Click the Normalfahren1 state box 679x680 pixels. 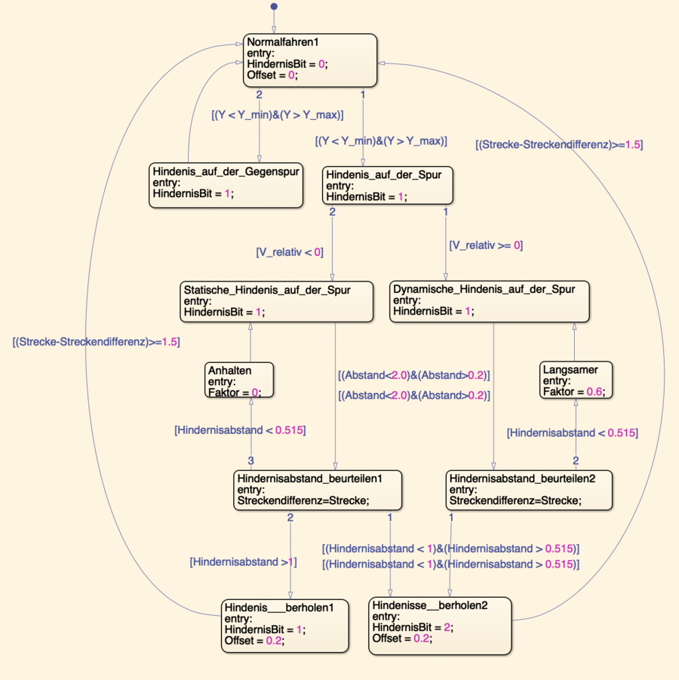pyautogui.click(x=309, y=60)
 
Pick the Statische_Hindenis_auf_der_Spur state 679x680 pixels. pyautogui.click(x=277, y=301)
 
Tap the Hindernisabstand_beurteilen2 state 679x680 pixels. pyautogui.click(x=527, y=490)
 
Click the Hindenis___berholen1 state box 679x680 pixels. pyautogui.click(x=286, y=625)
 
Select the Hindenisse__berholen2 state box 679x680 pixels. pyautogui.click(x=440, y=625)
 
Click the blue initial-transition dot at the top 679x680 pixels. pyautogui.click(x=274, y=7)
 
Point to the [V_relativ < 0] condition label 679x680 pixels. pyautogui.click(x=290, y=252)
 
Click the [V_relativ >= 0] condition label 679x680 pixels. pyautogui.click(x=486, y=245)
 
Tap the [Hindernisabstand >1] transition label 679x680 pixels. pyautogui.click(x=243, y=562)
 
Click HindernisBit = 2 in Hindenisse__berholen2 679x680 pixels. pyautogui.click(x=413, y=627)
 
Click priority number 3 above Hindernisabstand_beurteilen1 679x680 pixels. pyautogui.click(x=251, y=461)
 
